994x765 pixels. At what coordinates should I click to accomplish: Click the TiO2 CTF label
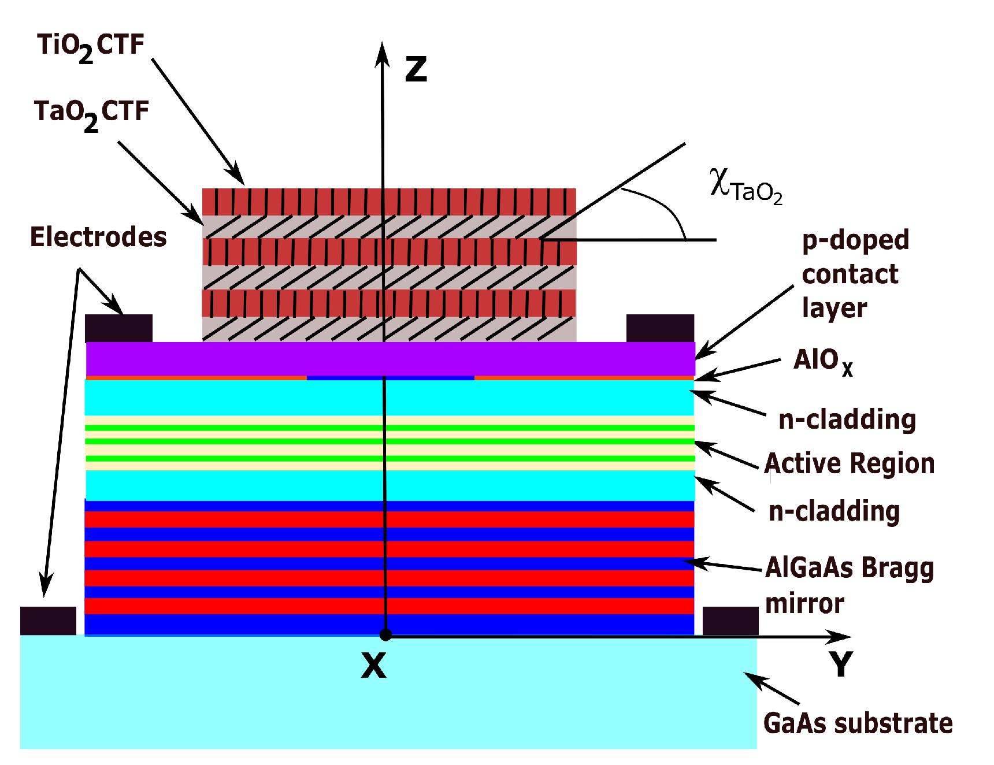click(91, 46)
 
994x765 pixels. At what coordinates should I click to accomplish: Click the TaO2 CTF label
click(91, 113)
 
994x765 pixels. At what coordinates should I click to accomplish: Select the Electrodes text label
click(98, 237)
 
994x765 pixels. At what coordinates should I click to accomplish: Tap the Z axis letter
click(416, 69)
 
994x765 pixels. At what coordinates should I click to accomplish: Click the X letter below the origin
click(373, 666)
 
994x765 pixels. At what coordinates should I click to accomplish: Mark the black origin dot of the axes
click(385, 635)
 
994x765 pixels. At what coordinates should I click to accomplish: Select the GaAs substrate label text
click(858, 723)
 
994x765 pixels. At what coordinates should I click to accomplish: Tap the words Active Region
click(850, 464)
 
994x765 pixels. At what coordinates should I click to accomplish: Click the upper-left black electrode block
click(118, 328)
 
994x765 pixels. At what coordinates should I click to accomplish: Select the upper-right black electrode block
click(660, 328)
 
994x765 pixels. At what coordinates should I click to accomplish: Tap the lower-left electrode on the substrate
click(48, 621)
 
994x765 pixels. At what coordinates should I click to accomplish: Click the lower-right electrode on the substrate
click(730, 621)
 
